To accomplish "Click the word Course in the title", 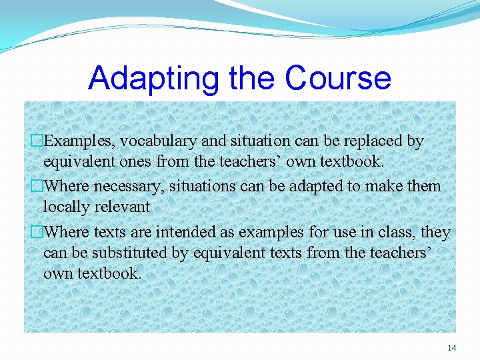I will click(337, 78).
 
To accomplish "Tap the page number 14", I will click(451, 347).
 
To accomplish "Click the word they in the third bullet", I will click(436, 232).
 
